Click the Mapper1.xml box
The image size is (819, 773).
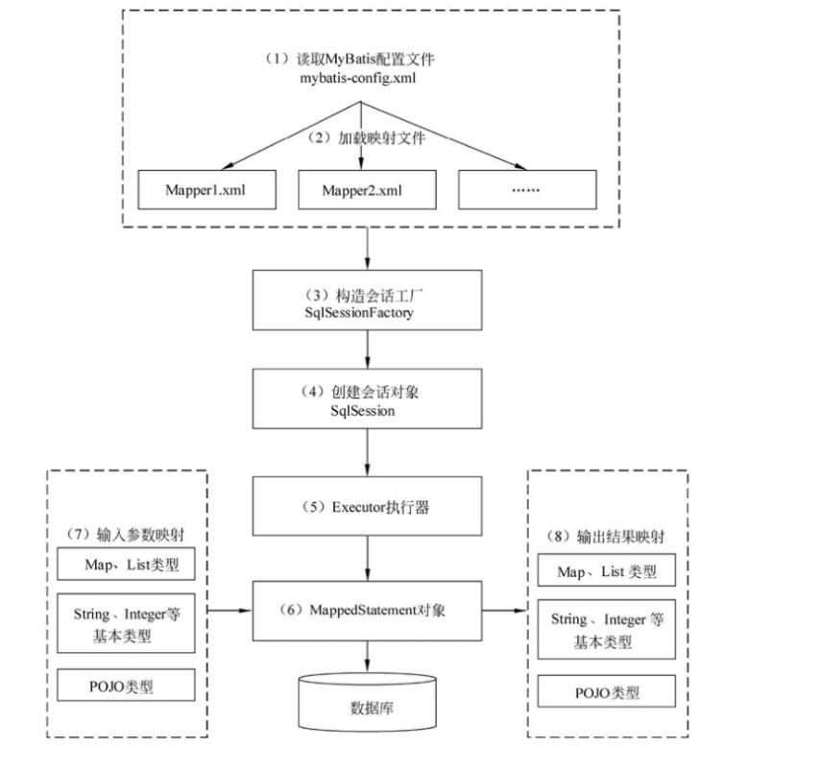click(206, 189)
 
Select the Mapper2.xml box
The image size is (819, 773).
click(367, 189)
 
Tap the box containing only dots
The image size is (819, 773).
click(527, 189)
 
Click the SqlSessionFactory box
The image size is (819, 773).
click(367, 300)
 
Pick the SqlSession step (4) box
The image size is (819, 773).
click(367, 399)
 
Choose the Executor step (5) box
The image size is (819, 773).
click(367, 506)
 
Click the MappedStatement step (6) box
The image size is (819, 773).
click(367, 611)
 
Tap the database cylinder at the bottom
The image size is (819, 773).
click(367, 702)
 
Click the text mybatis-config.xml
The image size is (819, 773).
click(358, 79)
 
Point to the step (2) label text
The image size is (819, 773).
click(366, 138)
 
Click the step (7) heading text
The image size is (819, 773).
click(125, 534)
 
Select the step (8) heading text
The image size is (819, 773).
click(606, 537)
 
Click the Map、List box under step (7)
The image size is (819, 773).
click(126, 564)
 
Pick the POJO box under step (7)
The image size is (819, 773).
click(126, 685)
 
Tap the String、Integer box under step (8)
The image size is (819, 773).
click(607, 629)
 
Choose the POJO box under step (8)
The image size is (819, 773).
click(607, 691)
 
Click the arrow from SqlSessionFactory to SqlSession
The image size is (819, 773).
click(368, 350)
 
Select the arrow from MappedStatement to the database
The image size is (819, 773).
click(368, 657)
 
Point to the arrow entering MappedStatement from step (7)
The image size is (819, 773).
click(229, 610)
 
